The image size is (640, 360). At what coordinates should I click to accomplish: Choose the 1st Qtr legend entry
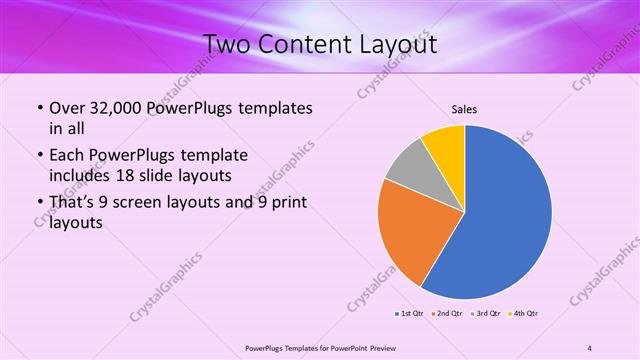point(410,314)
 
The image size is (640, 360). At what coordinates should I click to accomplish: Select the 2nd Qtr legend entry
point(447,314)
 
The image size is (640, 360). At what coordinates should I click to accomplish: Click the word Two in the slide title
point(229,45)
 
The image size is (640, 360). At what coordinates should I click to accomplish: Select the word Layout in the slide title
point(394,45)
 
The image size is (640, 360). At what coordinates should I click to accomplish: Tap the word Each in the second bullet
point(68,156)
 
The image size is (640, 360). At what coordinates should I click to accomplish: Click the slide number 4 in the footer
point(589,347)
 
